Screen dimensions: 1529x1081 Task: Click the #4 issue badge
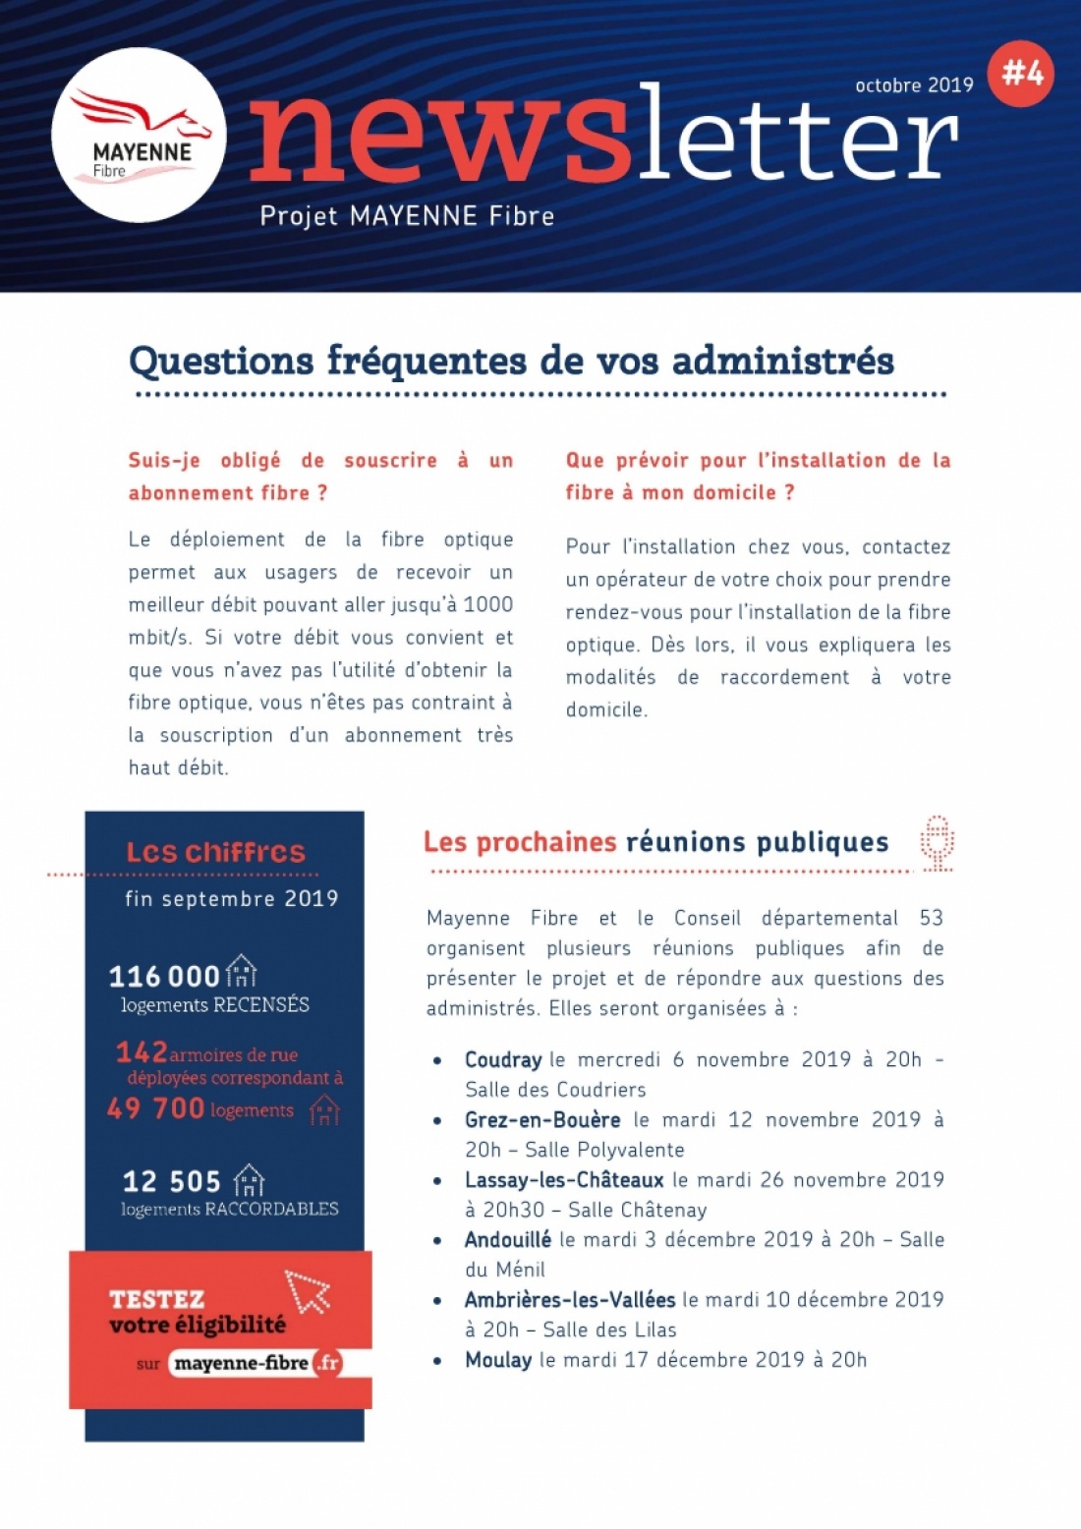pos(1021,73)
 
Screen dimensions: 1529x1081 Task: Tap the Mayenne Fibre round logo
pos(139,136)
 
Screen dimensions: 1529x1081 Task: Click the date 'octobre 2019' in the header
pos(914,85)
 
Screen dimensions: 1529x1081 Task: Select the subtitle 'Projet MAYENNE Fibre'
pos(407,216)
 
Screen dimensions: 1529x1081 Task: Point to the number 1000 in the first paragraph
pos(487,604)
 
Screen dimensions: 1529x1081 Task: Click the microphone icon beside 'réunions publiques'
pos(938,842)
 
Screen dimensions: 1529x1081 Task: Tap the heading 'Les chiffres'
pos(216,852)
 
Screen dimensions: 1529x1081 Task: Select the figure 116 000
pos(164,976)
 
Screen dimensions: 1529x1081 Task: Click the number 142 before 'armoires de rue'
pos(142,1052)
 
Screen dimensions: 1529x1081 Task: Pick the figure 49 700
pos(155,1108)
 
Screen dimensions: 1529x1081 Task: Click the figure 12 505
pos(171,1181)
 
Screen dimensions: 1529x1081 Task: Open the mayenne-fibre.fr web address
pos(256,1363)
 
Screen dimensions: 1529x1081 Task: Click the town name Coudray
pos(503,1060)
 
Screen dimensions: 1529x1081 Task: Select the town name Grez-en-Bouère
pos(542,1120)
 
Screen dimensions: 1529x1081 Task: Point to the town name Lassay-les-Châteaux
pos(564,1180)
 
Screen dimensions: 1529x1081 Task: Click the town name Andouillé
pos(508,1240)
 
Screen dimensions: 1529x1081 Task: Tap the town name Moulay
pos(498,1360)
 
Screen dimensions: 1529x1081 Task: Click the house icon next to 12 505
pos(250,1179)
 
